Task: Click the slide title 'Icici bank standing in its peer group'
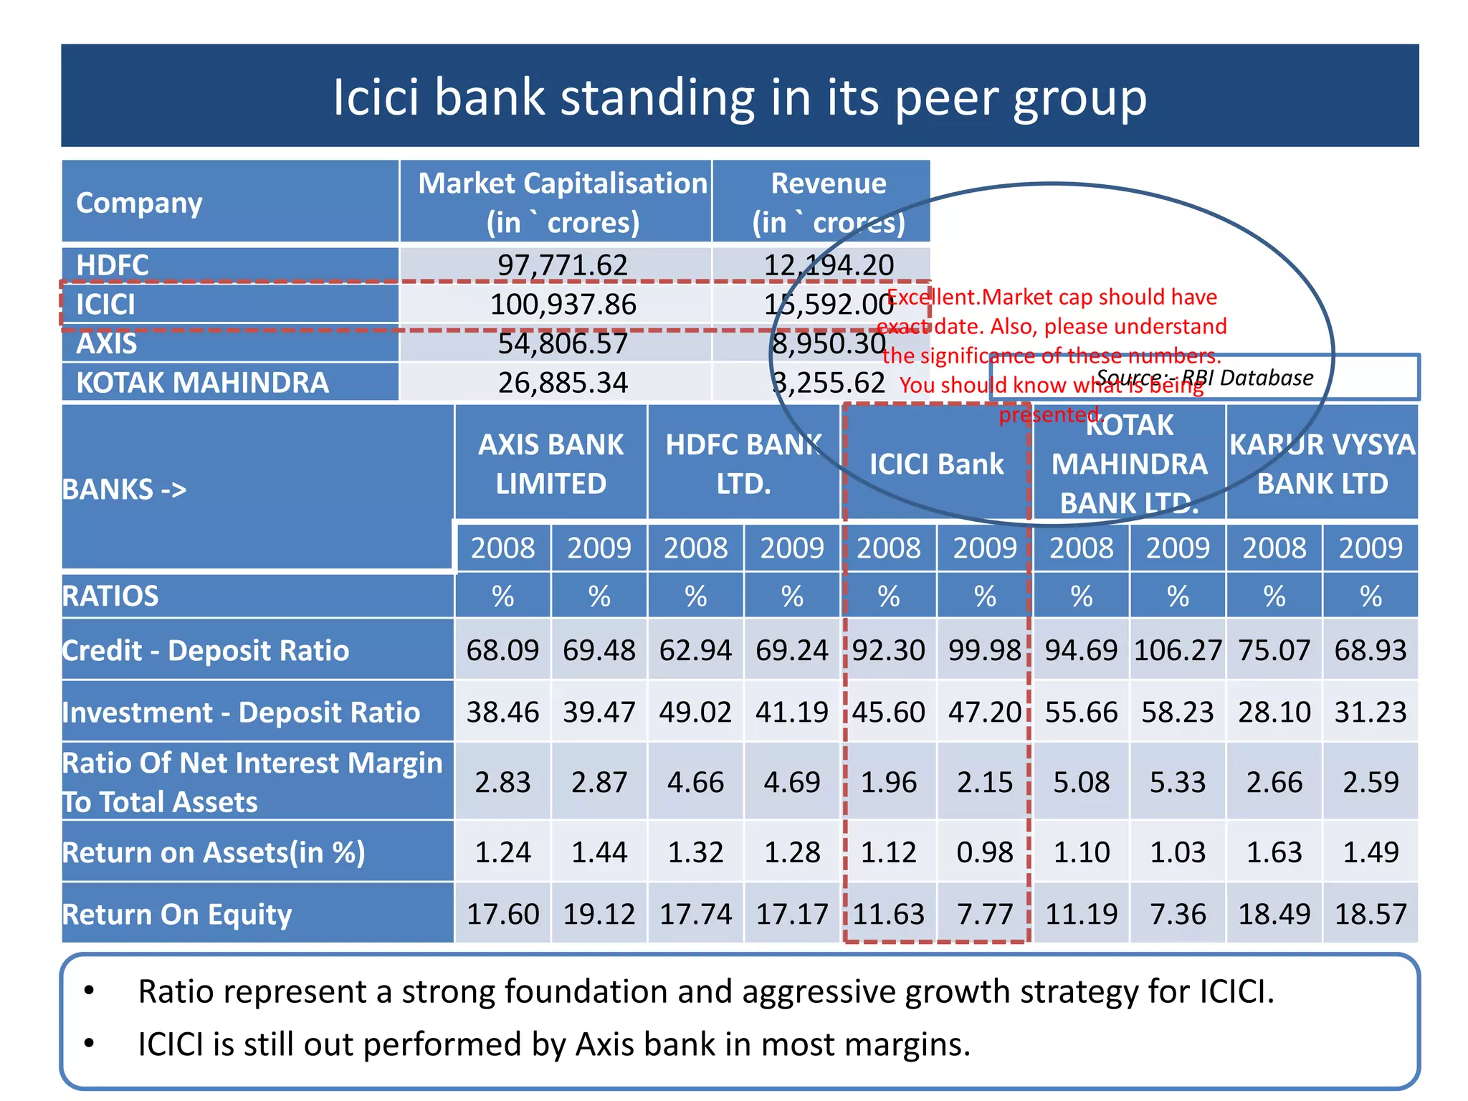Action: (x=740, y=97)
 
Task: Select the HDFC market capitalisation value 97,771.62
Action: (x=563, y=265)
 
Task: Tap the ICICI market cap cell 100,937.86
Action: (x=563, y=305)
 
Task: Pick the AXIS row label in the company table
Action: (x=107, y=344)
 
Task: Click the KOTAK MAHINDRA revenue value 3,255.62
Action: (x=829, y=383)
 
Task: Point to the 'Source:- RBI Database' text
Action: (x=1205, y=378)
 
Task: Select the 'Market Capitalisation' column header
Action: (x=563, y=183)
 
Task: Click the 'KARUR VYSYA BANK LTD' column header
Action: (x=1322, y=464)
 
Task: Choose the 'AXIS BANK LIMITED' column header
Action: (x=550, y=464)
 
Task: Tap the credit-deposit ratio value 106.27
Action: (x=1178, y=650)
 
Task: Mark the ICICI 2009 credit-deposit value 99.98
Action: (x=985, y=650)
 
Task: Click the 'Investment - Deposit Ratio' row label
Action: (x=242, y=712)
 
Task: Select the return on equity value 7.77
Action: (x=985, y=914)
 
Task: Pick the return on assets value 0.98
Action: (x=985, y=852)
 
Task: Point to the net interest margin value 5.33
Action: (x=1178, y=782)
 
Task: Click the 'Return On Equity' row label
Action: (x=177, y=914)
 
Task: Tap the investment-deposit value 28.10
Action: (x=1274, y=712)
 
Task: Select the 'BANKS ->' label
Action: (x=125, y=490)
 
